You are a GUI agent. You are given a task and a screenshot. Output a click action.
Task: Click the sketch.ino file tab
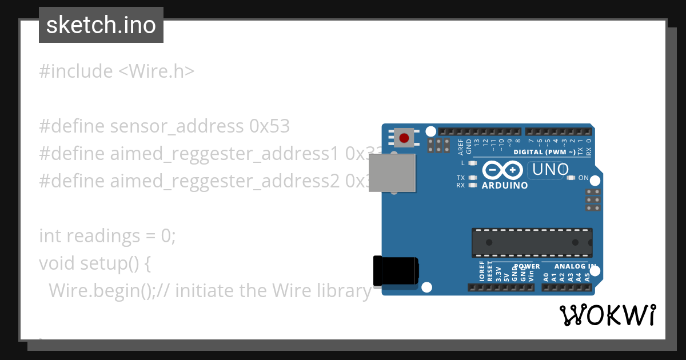tap(101, 25)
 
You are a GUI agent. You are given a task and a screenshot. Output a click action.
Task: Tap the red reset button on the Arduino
tap(404, 138)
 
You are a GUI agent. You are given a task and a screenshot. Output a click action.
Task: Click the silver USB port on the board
tap(392, 173)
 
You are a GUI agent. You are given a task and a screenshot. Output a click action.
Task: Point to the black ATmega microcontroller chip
tap(532, 242)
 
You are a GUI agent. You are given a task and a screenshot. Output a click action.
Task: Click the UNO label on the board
tap(550, 170)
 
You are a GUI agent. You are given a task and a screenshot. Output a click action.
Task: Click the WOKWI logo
tap(608, 315)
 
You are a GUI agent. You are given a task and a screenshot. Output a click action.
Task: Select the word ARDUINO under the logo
tap(505, 186)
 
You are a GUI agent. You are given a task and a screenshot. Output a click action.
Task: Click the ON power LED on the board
tap(571, 178)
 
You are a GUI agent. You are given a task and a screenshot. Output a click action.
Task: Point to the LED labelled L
tap(472, 163)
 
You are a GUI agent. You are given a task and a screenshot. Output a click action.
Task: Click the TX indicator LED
tap(472, 178)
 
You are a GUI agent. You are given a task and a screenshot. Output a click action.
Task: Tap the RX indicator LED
tap(472, 185)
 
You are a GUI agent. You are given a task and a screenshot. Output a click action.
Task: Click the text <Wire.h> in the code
tap(156, 71)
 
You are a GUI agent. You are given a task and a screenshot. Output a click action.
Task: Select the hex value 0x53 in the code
tap(269, 126)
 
